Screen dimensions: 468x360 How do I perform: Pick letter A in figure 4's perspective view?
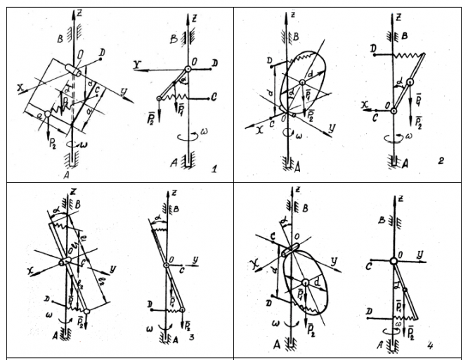click(277, 346)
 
